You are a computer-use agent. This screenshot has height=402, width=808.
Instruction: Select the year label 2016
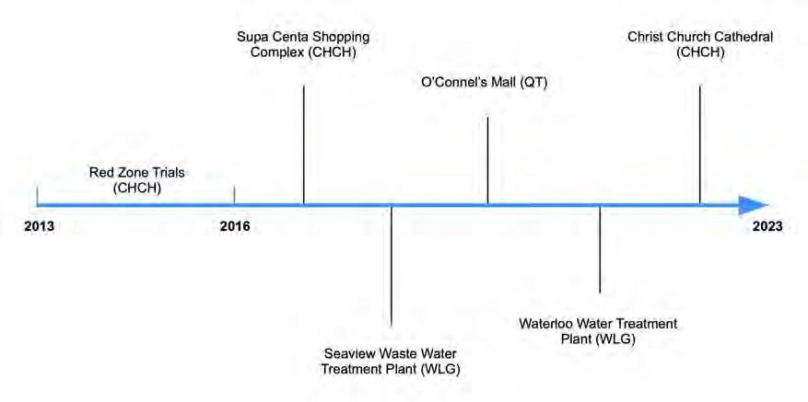tap(235, 226)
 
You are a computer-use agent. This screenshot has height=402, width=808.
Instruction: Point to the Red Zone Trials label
tap(136, 179)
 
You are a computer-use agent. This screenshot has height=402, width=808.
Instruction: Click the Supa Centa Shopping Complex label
tap(296, 45)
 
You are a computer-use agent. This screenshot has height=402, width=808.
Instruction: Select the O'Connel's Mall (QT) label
tap(485, 84)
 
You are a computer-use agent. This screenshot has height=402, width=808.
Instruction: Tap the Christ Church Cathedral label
tap(700, 45)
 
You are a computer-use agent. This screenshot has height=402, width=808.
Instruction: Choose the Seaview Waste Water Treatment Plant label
tap(390, 362)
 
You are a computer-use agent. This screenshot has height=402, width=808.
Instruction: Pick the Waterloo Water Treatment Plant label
tap(598, 331)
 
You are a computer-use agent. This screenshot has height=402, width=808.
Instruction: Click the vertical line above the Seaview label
tap(392, 267)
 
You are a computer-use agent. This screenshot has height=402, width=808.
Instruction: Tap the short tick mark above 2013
tap(37, 195)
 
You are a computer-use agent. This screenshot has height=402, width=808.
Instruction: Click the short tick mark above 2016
tap(235, 195)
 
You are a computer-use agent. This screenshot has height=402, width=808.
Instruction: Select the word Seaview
tap(350, 354)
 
